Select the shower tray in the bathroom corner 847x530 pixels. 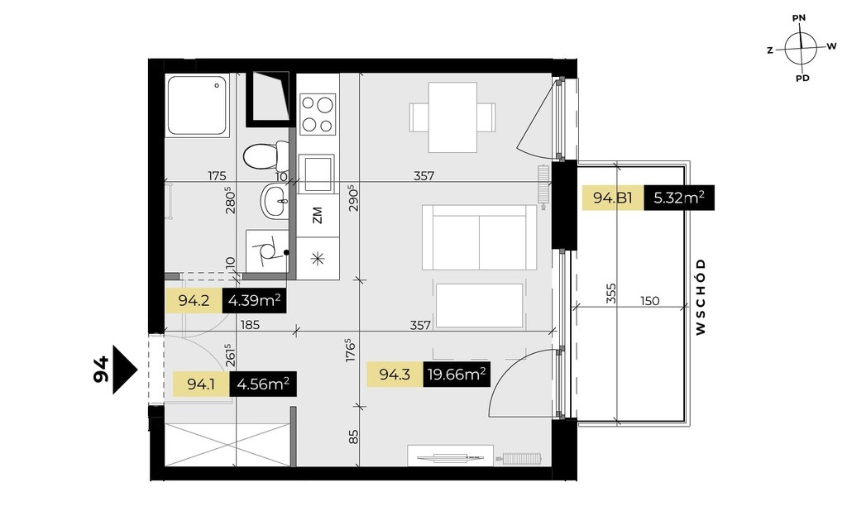[x=197, y=105]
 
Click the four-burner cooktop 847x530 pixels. [x=318, y=113]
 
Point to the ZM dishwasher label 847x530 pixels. [x=318, y=215]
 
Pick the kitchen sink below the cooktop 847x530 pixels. [x=318, y=174]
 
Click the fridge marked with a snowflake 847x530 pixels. [x=318, y=259]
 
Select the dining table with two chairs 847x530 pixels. [x=452, y=117]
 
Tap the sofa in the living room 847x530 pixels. [x=479, y=237]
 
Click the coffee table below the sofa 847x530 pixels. [x=479, y=305]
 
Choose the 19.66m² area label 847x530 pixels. [x=457, y=374]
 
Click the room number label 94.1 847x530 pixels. [x=201, y=384]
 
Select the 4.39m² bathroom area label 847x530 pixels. [x=254, y=300]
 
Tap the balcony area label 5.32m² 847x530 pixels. [x=679, y=198]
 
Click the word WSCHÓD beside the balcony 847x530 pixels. [x=701, y=297]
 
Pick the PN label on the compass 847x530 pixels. [x=799, y=18]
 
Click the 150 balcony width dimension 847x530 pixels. [x=650, y=301]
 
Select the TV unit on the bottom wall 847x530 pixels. [x=450, y=455]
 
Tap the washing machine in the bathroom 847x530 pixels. [x=267, y=251]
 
